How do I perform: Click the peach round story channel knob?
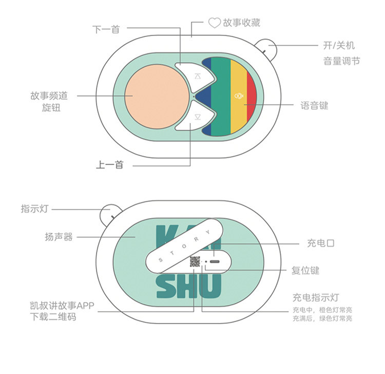tap(157, 97)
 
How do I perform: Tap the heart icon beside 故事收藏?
tap(215, 23)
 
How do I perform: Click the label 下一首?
tap(106, 29)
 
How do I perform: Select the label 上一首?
tap(109, 165)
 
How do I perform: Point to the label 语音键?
tap(314, 106)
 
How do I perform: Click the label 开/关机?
tap(339, 45)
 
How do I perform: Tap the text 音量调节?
tap(341, 61)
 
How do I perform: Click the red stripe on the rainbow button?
tap(252, 96)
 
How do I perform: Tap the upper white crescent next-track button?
tap(197, 77)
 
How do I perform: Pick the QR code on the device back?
tap(195, 261)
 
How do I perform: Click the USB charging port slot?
tap(215, 261)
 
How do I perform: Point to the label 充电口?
tap(321, 244)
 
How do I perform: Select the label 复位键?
tap(305, 270)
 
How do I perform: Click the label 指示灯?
tap(34, 209)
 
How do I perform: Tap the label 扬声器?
tap(59, 237)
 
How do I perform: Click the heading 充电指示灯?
tap(316, 297)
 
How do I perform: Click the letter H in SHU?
tap(189, 286)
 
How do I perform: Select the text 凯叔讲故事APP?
tap(62, 306)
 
